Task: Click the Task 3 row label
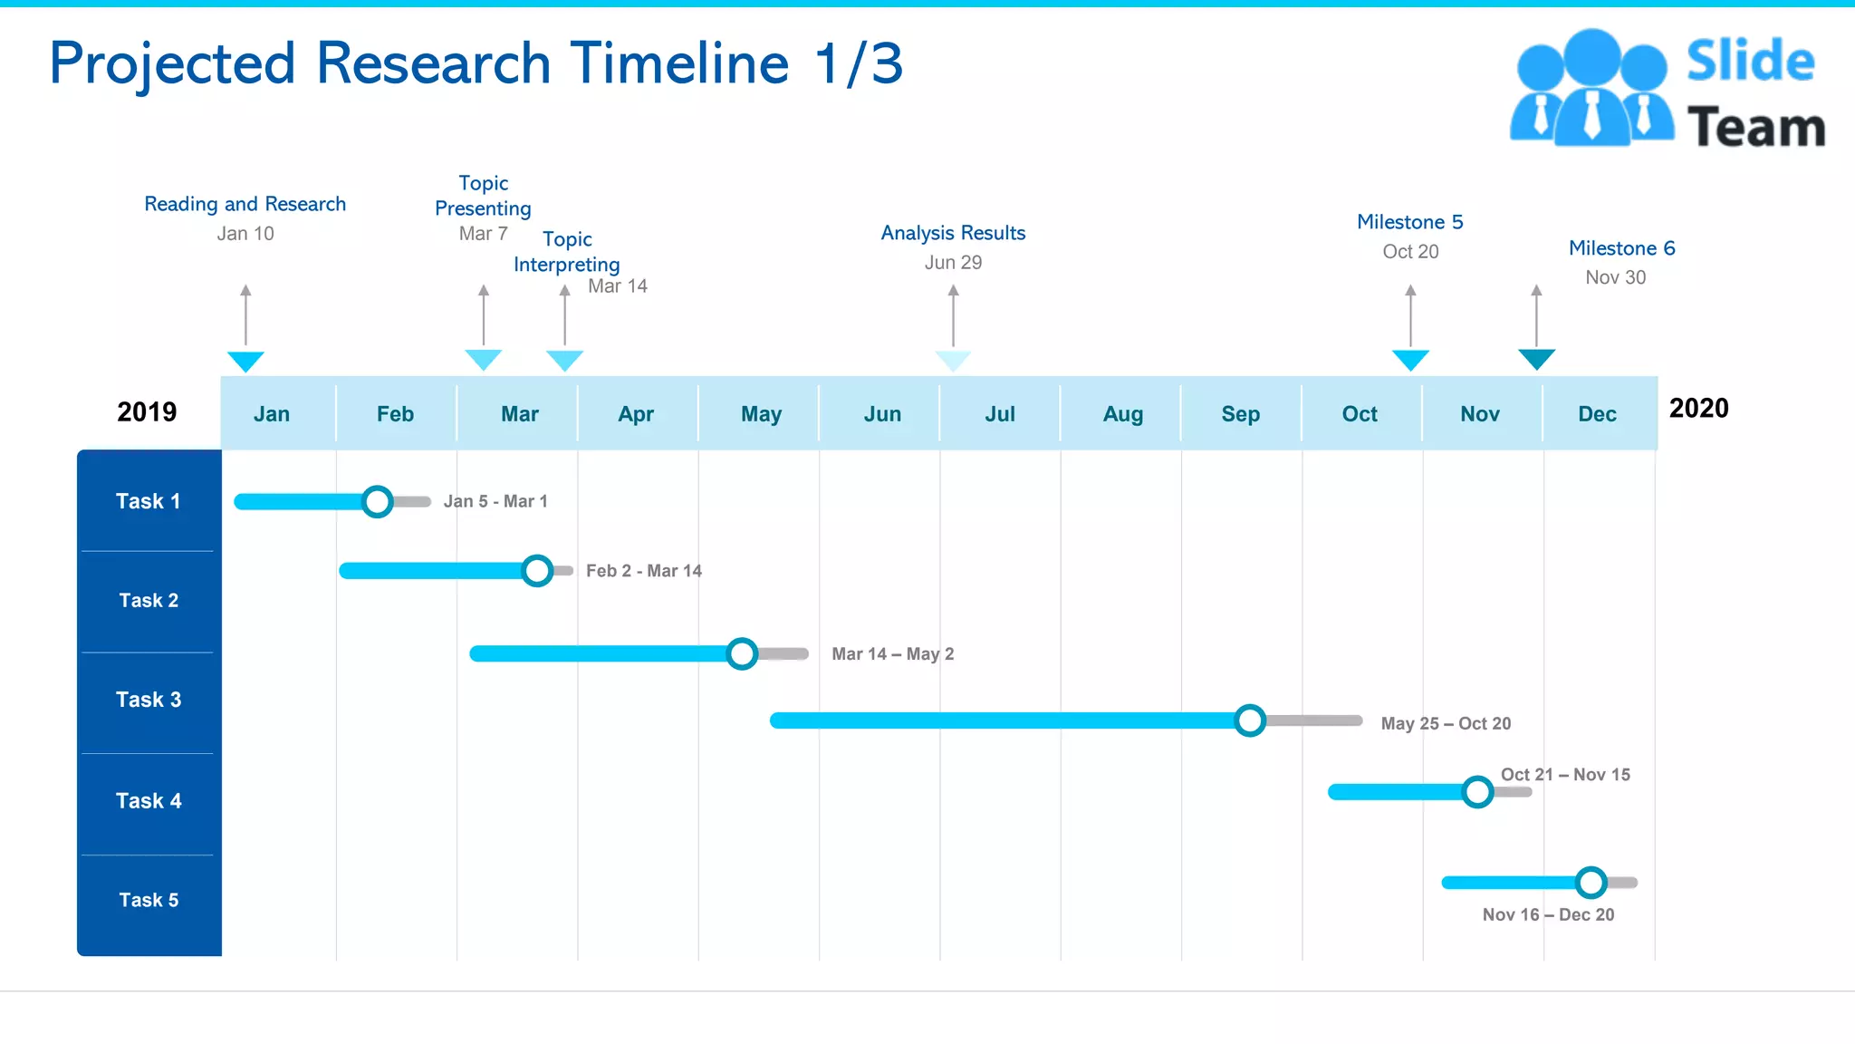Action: click(149, 700)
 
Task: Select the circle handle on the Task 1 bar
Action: click(377, 501)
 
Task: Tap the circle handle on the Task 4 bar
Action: click(1477, 792)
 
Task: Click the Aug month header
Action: click(1122, 414)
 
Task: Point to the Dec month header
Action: click(1597, 414)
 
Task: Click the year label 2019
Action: click(147, 412)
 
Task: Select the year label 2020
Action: click(1698, 409)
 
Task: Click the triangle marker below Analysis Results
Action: click(953, 361)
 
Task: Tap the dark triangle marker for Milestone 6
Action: click(1536, 359)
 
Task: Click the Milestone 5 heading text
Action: click(1409, 222)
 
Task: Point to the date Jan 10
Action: click(245, 234)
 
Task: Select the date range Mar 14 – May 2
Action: click(892, 654)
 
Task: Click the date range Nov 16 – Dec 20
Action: click(1548, 914)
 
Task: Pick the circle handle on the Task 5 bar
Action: click(1591, 882)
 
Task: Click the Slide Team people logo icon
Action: click(1591, 89)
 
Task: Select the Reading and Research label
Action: click(245, 204)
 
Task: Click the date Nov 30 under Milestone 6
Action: click(1615, 277)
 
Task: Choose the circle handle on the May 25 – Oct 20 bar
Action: click(1250, 720)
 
